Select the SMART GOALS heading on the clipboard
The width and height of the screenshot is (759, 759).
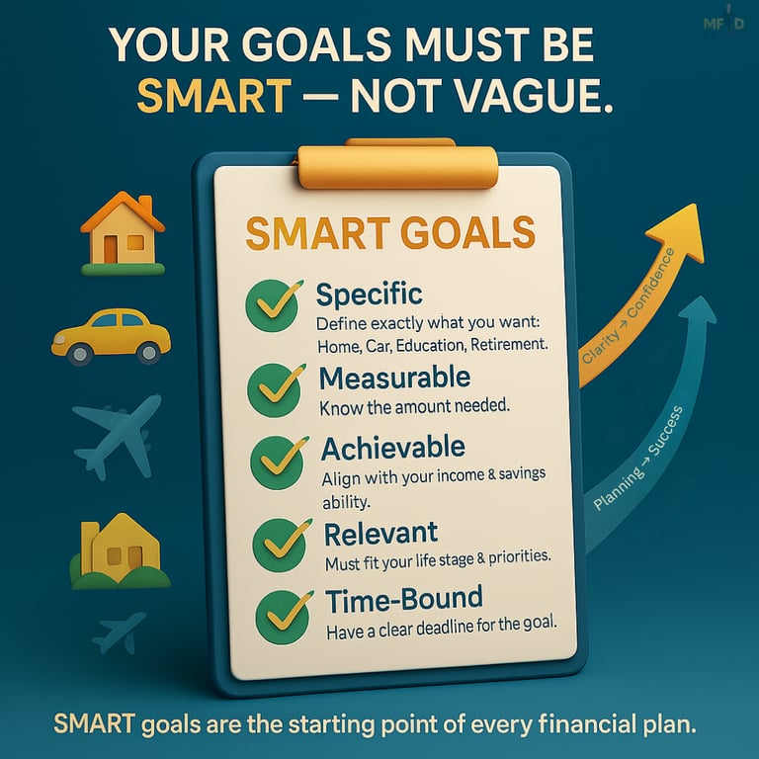pyautogui.click(x=389, y=233)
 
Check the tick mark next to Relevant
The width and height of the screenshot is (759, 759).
pyautogui.click(x=277, y=540)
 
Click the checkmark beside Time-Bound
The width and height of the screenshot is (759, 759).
pyautogui.click(x=278, y=612)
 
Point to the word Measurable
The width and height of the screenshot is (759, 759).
pyautogui.click(x=394, y=378)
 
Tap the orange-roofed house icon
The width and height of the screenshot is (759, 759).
pyautogui.click(x=123, y=233)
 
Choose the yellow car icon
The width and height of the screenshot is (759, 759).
pyautogui.click(x=111, y=334)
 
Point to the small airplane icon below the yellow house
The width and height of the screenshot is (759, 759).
pyautogui.click(x=118, y=632)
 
